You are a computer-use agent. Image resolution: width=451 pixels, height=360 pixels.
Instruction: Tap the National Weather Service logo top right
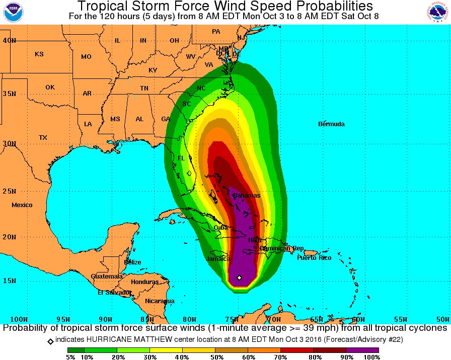(439, 12)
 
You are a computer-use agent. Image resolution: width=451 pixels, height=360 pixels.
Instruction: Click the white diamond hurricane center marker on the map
(239, 278)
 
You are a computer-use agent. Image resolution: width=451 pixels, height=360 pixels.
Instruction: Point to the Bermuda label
(332, 124)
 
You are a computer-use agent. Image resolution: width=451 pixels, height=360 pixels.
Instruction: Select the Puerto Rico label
(314, 258)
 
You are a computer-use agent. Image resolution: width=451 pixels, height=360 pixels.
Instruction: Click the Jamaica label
(218, 259)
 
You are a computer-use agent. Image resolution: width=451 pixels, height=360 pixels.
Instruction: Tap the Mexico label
(22, 205)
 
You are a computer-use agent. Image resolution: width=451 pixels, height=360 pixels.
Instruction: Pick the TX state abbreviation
(43, 138)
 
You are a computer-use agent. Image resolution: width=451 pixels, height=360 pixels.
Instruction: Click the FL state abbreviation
(181, 158)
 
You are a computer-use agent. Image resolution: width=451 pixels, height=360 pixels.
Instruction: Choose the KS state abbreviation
(39, 54)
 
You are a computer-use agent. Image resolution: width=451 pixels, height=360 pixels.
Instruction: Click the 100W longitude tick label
(19, 319)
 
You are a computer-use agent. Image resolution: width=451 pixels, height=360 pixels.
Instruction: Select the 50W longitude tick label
(442, 319)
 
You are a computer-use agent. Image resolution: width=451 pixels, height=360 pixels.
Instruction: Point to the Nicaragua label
(160, 301)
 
